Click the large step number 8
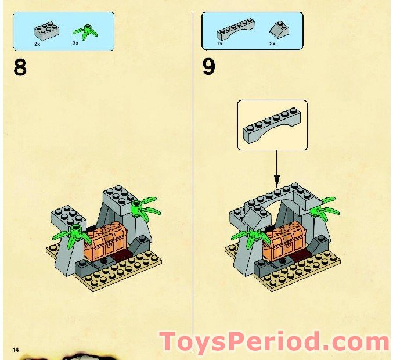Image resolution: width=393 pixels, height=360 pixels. (x=20, y=68)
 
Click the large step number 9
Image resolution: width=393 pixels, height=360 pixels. (x=208, y=67)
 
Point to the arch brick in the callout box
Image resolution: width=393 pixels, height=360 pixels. (x=272, y=124)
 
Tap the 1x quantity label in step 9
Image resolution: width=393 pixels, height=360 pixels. (x=220, y=44)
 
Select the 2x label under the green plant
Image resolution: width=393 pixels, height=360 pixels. (x=75, y=44)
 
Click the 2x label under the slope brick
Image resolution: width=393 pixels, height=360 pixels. (x=272, y=44)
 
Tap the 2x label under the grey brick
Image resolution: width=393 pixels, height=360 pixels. (x=38, y=44)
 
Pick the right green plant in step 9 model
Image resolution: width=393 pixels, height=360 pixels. (x=321, y=206)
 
